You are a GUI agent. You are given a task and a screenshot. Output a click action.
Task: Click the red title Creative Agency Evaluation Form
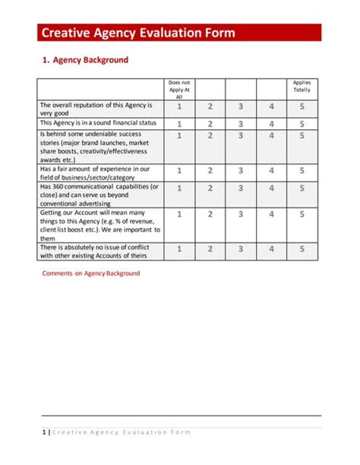pyautogui.click(x=137, y=33)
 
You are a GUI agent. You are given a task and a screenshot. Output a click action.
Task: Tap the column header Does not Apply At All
pyautogui.click(x=179, y=89)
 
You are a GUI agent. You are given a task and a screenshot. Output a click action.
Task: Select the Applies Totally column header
pyautogui.click(x=302, y=85)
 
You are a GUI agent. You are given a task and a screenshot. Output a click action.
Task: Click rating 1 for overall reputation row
pyautogui.click(x=179, y=108)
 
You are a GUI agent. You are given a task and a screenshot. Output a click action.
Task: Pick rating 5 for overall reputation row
pyautogui.click(x=302, y=108)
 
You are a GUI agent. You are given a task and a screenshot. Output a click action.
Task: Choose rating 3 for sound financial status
pyautogui.click(x=241, y=123)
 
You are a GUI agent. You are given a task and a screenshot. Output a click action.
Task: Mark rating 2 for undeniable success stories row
pyautogui.click(x=210, y=136)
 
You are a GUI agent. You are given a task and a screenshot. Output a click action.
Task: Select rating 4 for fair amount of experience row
pyautogui.click(x=271, y=171)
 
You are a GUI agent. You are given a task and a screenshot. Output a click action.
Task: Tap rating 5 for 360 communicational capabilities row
pyautogui.click(x=302, y=188)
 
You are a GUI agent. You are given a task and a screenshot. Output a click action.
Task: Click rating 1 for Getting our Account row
pyautogui.click(x=179, y=214)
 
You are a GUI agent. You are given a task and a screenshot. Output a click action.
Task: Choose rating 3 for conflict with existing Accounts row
pyautogui.click(x=241, y=248)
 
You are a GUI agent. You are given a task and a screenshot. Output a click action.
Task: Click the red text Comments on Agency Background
pyautogui.click(x=90, y=274)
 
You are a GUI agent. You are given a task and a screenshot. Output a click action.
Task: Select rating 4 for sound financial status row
pyautogui.click(x=271, y=123)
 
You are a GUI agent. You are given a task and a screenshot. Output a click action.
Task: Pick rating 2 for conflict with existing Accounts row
pyautogui.click(x=210, y=248)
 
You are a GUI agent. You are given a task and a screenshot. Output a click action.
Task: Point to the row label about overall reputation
pyautogui.click(x=96, y=108)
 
